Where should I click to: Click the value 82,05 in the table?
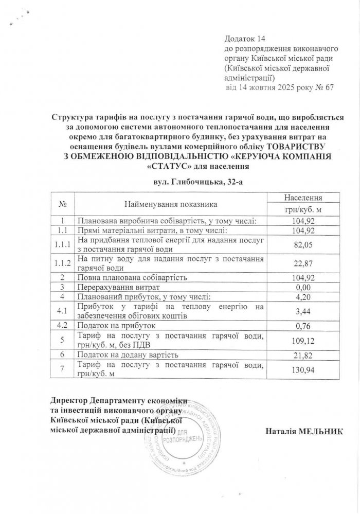tap(303, 245)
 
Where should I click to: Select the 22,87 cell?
tap(303, 264)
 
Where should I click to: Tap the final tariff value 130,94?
tap(303, 370)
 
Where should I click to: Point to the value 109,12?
tap(303, 341)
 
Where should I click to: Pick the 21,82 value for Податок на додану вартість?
tap(303, 356)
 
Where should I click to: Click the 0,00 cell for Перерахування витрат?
tap(303, 287)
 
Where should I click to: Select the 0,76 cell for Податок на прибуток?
tap(303, 326)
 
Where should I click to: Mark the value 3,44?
tap(303, 311)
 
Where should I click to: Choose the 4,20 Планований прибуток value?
tap(303, 297)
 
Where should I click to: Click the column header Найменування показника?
tap(171, 204)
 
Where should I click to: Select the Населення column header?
tap(303, 197)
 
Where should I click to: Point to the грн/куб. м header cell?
tap(303, 210)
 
